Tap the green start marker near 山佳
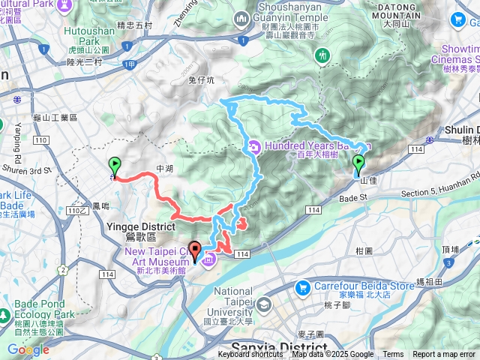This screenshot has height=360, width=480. [358, 164]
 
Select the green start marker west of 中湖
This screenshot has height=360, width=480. [114, 166]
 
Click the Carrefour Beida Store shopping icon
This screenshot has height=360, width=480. [303, 286]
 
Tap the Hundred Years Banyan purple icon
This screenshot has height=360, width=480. [255, 146]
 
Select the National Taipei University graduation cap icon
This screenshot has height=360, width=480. [264, 305]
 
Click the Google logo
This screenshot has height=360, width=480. [28, 349]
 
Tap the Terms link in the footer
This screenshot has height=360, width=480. [393, 355]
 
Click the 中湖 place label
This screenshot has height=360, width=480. [163, 169]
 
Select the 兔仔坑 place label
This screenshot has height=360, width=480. [201, 79]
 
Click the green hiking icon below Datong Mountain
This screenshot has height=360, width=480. [322, 55]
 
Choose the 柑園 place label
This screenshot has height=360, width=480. [365, 250]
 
